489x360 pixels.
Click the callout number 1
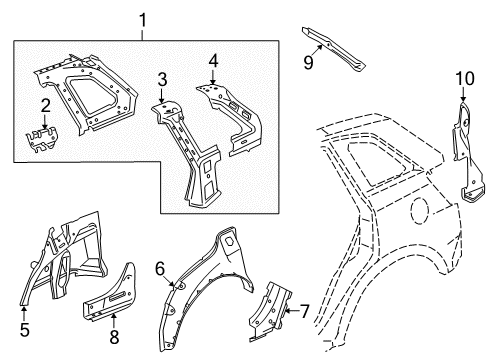pos(142,20)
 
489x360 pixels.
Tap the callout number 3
pos(162,80)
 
